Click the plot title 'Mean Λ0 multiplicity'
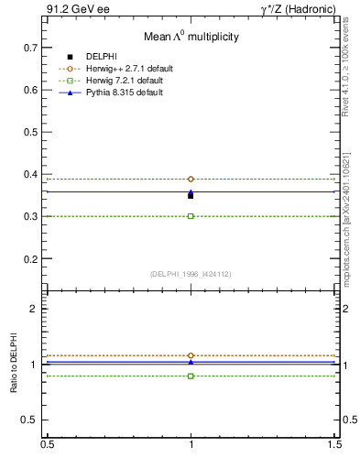[x=191, y=37]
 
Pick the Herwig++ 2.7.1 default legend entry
[x=127, y=70]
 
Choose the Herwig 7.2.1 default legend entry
[x=125, y=82]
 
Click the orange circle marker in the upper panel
[x=191, y=179]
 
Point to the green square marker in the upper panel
[x=191, y=216]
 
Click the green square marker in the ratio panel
[x=191, y=376]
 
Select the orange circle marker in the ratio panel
[x=191, y=355]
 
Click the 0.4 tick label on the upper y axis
[x=31, y=174]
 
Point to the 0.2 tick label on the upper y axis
[x=31, y=259]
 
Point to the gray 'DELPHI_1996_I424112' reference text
[x=191, y=273]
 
